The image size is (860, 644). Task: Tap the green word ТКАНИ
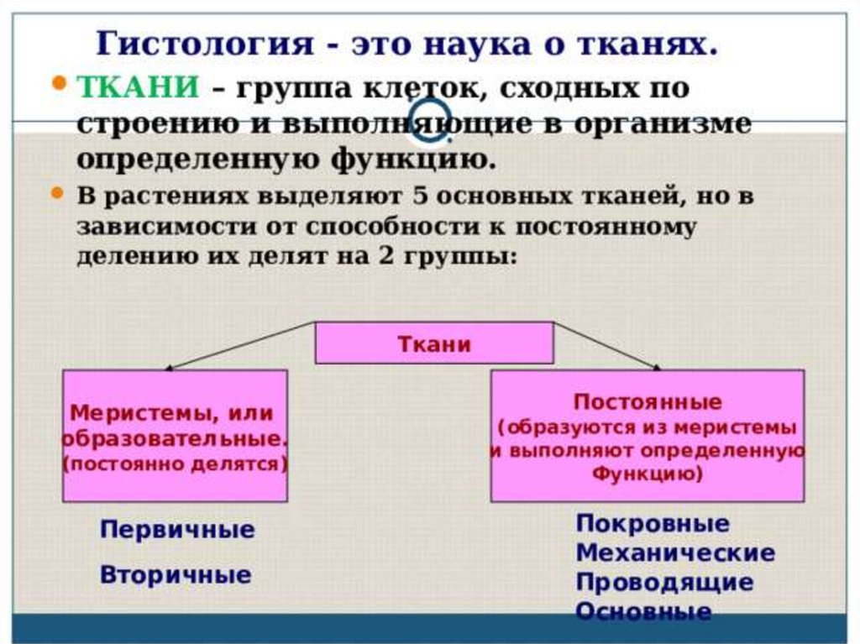[x=138, y=87]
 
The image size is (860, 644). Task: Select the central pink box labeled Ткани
[x=433, y=343]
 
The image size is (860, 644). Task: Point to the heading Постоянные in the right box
[x=647, y=402]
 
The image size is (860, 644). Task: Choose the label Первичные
[x=177, y=531]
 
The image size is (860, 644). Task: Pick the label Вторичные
[x=176, y=575]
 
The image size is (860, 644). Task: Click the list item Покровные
[x=653, y=525]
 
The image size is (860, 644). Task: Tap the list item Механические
[x=675, y=553]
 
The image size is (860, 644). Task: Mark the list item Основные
[x=643, y=611]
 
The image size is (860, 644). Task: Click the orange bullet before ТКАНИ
[x=60, y=84]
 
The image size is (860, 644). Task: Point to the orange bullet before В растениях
[x=58, y=193]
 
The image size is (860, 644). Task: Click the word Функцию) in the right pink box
[x=648, y=473]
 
